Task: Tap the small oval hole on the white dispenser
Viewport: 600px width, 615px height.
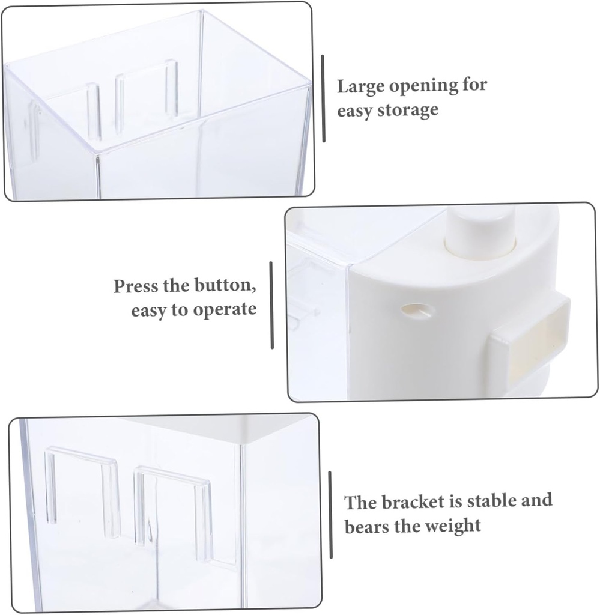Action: point(418,310)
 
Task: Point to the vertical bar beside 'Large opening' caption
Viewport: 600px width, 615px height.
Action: point(323,99)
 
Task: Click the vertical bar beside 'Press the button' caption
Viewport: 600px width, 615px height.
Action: point(271,304)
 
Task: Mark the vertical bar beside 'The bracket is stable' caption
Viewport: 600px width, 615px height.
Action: point(330,515)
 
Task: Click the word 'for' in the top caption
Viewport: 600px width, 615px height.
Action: point(474,86)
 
